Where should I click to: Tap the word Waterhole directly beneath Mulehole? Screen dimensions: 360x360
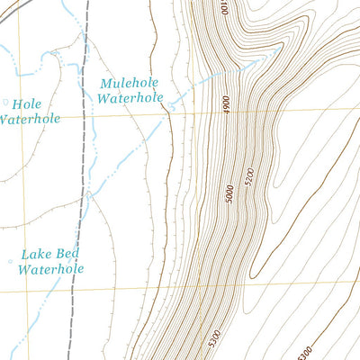point(129,99)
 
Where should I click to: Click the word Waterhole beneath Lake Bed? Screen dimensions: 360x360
point(51,268)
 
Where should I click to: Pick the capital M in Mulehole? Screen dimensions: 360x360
point(105,84)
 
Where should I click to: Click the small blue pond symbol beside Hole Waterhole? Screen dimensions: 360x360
point(6,102)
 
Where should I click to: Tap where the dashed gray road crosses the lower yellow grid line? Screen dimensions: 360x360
point(78,292)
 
